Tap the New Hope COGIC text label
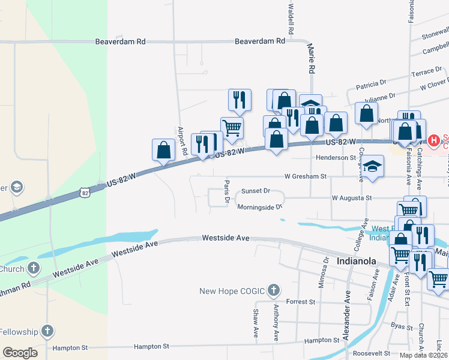(233, 292)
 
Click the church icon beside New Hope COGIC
(273, 292)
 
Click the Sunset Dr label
(256, 191)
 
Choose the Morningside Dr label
(259, 207)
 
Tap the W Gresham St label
(305, 176)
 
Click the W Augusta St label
(352, 197)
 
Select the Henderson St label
(336, 157)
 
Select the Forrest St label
(301, 301)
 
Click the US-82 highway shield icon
(86, 192)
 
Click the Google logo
(20, 353)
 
